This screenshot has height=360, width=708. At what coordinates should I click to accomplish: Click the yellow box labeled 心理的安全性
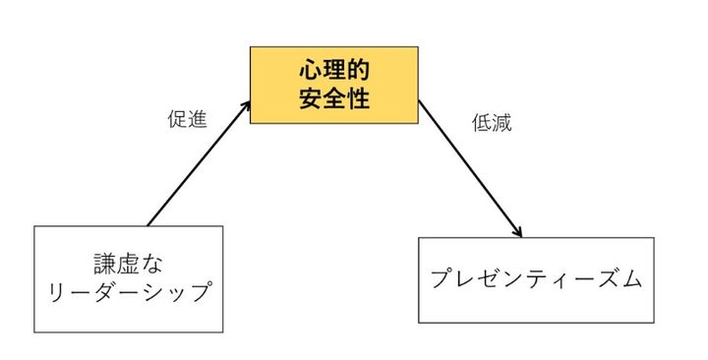(333, 87)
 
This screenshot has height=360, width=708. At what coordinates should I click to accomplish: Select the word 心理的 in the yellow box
(333, 72)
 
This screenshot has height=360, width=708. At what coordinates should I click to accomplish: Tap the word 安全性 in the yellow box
(333, 99)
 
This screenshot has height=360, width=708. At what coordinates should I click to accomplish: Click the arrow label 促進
(186, 120)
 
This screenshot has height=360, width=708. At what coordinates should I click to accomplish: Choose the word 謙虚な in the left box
(128, 264)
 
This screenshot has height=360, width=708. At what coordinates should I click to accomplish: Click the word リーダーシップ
(128, 294)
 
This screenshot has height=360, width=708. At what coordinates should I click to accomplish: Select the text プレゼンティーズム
(536, 278)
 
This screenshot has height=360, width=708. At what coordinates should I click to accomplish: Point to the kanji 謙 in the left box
(101, 264)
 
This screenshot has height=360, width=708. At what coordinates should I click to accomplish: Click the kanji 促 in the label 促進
(176, 120)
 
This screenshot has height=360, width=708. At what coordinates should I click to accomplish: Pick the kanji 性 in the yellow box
(357, 99)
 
